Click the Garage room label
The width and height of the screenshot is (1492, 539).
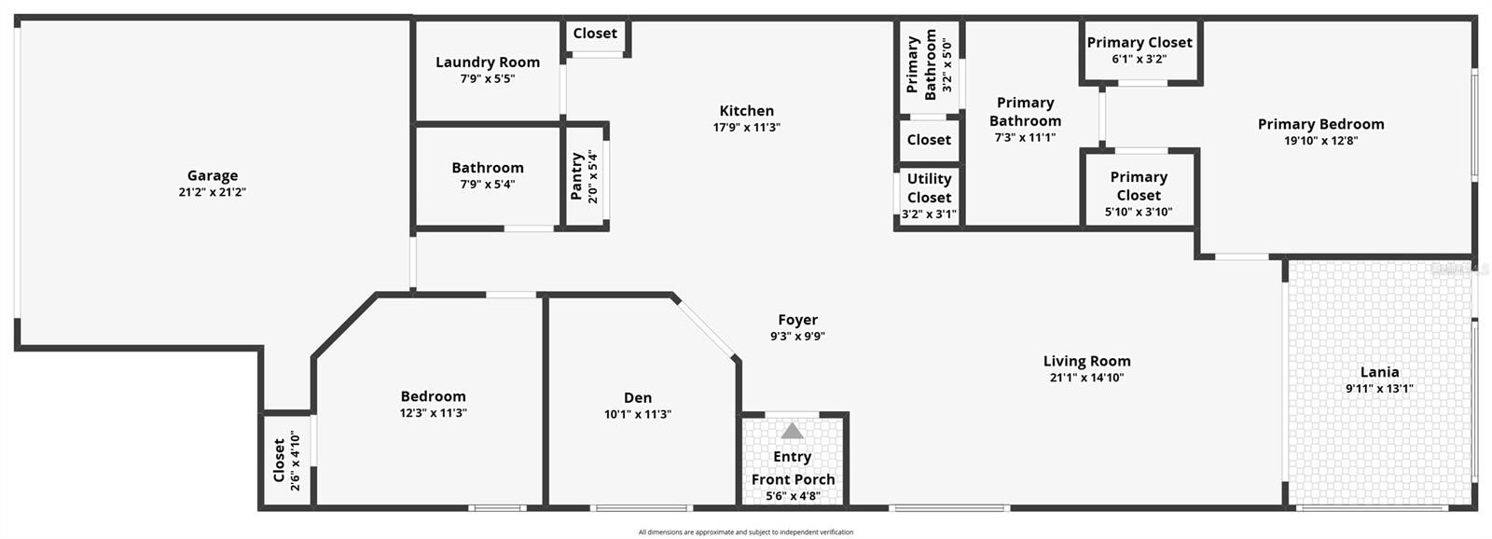pyautogui.click(x=213, y=175)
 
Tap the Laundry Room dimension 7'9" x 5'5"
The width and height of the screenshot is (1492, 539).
pyautogui.click(x=488, y=78)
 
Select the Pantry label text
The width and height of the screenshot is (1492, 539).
pyautogui.click(x=577, y=176)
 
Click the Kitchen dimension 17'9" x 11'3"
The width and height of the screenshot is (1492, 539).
pyautogui.click(x=747, y=127)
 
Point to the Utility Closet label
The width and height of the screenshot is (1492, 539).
pyautogui.click(x=929, y=187)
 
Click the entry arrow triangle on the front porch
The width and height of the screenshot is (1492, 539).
pyautogui.click(x=792, y=431)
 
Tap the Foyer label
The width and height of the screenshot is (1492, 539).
pyautogui.click(x=798, y=320)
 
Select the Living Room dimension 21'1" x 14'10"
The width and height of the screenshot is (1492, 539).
pyautogui.click(x=1087, y=378)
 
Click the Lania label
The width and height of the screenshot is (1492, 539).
pyautogui.click(x=1379, y=372)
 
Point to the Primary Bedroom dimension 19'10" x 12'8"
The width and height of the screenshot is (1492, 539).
pyautogui.click(x=1320, y=141)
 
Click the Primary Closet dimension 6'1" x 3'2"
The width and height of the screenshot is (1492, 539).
pyautogui.click(x=1140, y=60)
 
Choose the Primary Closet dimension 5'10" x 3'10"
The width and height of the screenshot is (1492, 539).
pyautogui.click(x=1139, y=212)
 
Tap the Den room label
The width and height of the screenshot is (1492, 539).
pyautogui.click(x=638, y=398)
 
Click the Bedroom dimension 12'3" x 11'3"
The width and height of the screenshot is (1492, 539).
pyautogui.click(x=433, y=413)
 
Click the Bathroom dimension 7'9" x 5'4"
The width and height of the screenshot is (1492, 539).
pyautogui.click(x=488, y=185)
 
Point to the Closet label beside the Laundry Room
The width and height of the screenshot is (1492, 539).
pyautogui.click(x=595, y=34)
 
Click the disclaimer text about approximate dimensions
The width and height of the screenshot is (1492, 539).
pyautogui.click(x=745, y=532)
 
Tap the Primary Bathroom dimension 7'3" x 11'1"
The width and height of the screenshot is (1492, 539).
pyautogui.click(x=1025, y=138)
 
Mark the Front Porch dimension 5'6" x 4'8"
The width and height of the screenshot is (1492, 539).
pyautogui.click(x=793, y=496)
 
